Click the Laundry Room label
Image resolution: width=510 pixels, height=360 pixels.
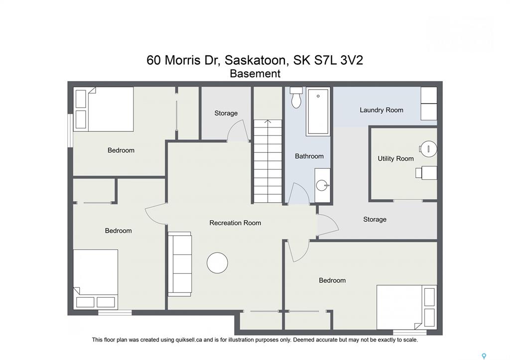tap(381, 110)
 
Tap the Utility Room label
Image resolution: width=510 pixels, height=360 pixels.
tap(395, 158)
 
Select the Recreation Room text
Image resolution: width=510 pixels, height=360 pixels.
tap(235, 223)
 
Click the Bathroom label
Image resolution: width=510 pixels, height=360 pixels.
tap(309, 156)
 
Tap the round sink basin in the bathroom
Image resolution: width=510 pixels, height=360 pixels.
tap(323, 186)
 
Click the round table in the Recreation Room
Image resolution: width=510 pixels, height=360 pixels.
tap(217, 263)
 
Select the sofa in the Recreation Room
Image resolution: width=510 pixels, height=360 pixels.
tap(180, 264)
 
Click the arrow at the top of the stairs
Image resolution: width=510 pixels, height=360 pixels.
tap(267, 121)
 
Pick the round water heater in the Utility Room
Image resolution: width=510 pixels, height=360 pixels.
tap(428, 149)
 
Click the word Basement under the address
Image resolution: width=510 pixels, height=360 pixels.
tap(255, 74)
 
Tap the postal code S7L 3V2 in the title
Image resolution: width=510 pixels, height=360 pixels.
tap(338, 60)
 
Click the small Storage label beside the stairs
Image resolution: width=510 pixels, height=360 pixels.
tap(226, 113)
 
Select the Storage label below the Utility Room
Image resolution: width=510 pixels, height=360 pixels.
tap(375, 220)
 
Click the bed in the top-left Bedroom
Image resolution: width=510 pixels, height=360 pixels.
tap(105, 109)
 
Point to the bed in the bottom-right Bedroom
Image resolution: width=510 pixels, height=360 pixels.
tap(406, 307)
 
